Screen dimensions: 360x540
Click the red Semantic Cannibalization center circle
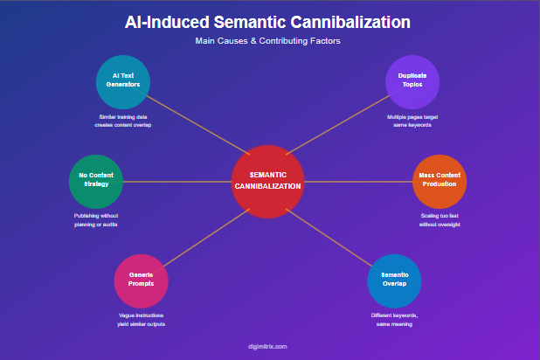268,181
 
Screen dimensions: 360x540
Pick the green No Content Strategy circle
95,181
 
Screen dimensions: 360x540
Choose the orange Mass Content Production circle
440,181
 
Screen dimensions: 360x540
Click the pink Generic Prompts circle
142,280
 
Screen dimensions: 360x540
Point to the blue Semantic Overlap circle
394,280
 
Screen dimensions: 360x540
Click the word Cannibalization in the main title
343,22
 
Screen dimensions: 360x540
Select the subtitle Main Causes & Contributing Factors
269,41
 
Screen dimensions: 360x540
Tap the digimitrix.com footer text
268,346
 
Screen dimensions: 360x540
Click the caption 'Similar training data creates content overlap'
123,121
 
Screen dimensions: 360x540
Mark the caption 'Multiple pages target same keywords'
412,121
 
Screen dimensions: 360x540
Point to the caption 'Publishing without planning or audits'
95,219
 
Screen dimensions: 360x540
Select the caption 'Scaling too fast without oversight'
440,219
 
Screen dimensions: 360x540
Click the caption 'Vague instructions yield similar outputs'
142,319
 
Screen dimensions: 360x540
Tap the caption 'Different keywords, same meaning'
394,319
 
